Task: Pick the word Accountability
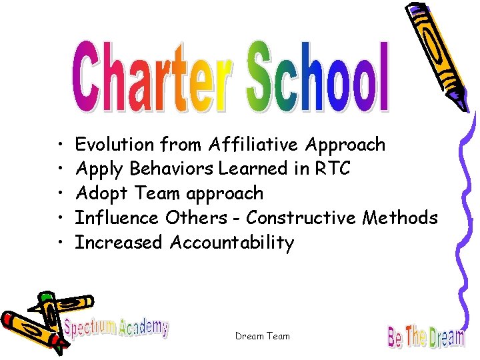[x=232, y=243]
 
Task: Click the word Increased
[x=119, y=243]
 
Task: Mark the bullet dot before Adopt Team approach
[x=60, y=194]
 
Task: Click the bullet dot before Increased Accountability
[x=60, y=243]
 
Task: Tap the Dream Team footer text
[x=263, y=336]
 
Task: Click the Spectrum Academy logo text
[x=116, y=327]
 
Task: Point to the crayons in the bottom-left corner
[x=33, y=320]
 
